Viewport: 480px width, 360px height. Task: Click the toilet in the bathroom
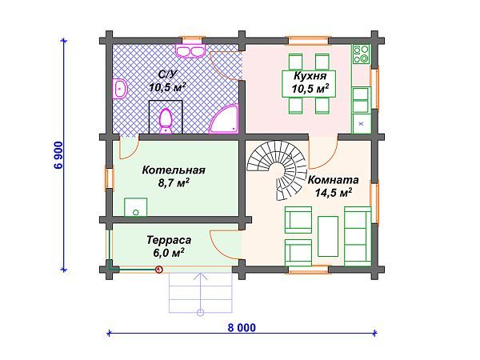[x=166, y=121]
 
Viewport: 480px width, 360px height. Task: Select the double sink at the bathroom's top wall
[x=190, y=51]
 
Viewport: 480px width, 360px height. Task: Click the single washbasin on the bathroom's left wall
[x=120, y=89]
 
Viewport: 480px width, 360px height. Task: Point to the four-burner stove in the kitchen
[x=362, y=54]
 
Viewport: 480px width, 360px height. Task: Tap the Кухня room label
[x=310, y=75]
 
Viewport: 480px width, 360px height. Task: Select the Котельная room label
[x=174, y=170]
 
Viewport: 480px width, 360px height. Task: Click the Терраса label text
[x=169, y=240]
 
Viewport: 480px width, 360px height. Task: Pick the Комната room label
[x=333, y=180]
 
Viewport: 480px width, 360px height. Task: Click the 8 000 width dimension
[x=242, y=327]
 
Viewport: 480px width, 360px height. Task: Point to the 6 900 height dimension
[x=58, y=155]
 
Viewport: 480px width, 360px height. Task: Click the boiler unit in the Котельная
[x=135, y=207]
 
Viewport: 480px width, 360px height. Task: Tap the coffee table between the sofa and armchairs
[x=328, y=236]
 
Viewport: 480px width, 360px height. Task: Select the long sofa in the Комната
[x=358, y=236]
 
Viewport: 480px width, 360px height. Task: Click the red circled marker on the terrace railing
[x=159, y=270]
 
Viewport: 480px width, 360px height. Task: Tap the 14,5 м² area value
[x=334, y=193]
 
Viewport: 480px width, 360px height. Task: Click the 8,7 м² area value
[x=174, y=182]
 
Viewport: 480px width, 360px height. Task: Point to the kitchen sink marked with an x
[x=362, y=124]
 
